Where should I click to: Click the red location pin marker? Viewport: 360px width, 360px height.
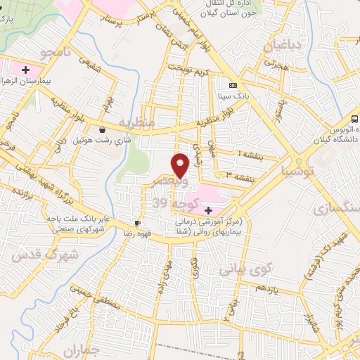click(180, 165)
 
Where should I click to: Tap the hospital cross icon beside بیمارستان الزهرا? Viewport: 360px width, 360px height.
click(26, 70)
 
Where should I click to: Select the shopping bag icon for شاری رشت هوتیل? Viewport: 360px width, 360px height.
click(104, 129)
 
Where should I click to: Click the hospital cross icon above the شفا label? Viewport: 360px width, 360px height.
click(208, 210)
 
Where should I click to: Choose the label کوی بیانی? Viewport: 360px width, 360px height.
click(245, 268)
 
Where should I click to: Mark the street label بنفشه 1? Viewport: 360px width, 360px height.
click(249, 154)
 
